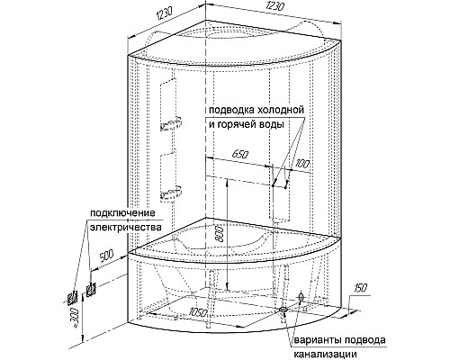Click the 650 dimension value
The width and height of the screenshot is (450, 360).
pos(241,155)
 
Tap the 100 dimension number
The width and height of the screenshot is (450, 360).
pos(301,164)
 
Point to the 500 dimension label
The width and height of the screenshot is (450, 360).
pos(105,256)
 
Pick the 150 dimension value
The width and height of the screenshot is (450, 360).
pos(359,289)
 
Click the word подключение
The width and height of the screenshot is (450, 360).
pos(123,213)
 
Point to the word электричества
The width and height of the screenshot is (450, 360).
pos(125,227)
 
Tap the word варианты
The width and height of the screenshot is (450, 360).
pos(318,341)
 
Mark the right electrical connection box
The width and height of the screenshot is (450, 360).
pos(91,290)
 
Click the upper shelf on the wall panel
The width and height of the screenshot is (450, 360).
pos(171,124)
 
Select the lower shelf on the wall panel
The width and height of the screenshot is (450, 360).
pos(171,193)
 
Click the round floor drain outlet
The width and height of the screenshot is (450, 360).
pos(283,310)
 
